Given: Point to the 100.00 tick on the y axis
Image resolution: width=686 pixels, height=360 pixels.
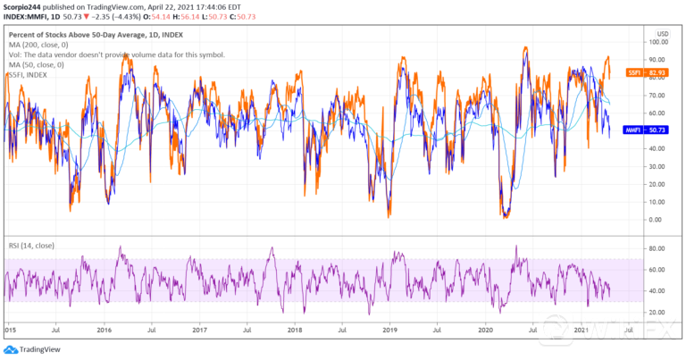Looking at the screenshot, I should pyautogui.click(x=660, y=41).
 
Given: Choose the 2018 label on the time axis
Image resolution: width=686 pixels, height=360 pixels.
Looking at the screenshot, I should pyautogui.click(x=294, y=330).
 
